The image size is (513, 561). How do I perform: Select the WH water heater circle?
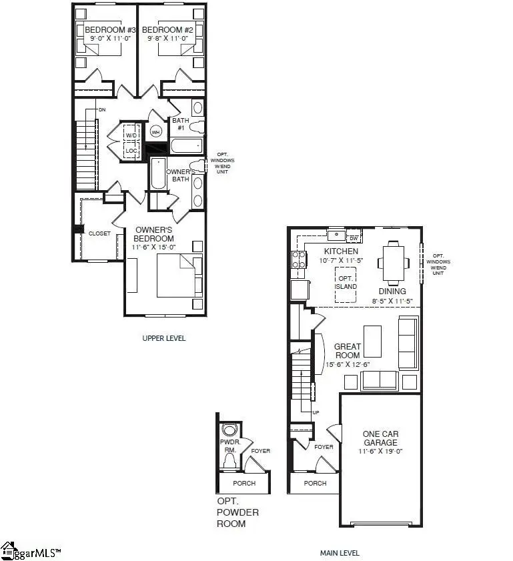(155, 132)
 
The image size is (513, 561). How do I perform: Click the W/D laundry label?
(131, 135)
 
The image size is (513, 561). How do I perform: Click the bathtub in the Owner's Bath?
(158, 173)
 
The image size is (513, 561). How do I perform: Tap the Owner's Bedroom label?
(153, 234)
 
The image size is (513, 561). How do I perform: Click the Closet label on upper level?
(99, 233)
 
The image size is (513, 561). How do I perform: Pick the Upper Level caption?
(164, 338)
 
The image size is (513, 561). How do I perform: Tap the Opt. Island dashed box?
(346, 283)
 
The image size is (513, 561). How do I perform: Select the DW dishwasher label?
(354, 237)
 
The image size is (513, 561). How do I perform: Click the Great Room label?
(348, 351)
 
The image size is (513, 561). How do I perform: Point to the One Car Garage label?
(380, 438)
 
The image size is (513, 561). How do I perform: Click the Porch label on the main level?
(316, 483)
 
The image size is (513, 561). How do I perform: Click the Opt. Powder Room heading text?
(238, 512)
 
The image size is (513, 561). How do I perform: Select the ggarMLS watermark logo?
(31, 552)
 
